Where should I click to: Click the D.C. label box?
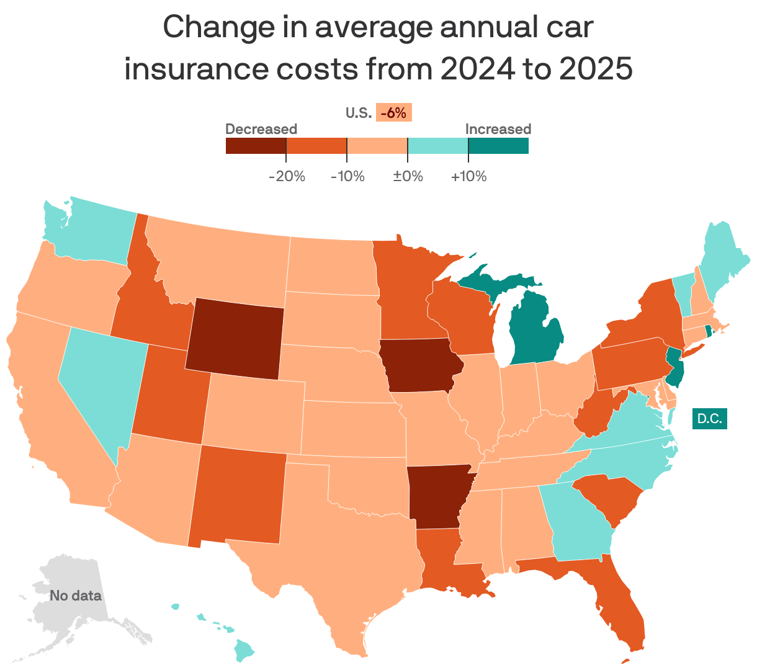tap(709, 419)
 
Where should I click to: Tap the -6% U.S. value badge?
tap(393, 113)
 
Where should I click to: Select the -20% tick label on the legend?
tap(287, 176)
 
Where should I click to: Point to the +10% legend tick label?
tap(468, 176)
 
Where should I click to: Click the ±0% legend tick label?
tap(408, 176)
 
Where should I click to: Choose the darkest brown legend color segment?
tap(256, 146)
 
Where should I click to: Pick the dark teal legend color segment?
tap(498, 146)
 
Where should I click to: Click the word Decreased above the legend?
tap(261, 129)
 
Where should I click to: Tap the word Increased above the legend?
tap(498, 129)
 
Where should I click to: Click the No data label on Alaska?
tap(75, 596)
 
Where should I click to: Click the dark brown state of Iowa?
tap(419, 365)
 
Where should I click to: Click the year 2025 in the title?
tap(595, 69)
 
